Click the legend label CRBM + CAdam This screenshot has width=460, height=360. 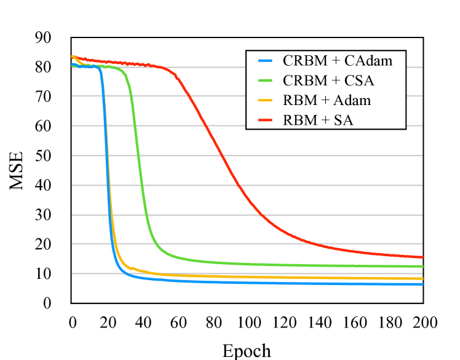[x=337, y=61]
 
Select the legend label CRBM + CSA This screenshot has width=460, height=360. [x=328, y=80]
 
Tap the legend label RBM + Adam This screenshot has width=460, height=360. [x=327, y=100]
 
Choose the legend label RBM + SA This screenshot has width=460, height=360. [x=317, y=120]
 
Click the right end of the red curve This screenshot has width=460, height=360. [x=422, y=257]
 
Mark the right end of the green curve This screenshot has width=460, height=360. [x=422, y=267]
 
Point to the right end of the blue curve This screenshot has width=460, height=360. [x=422, y=284]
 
